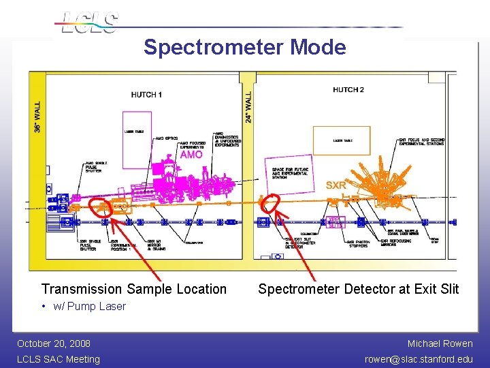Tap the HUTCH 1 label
146,95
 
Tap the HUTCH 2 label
348,89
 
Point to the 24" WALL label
248,106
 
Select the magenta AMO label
191,155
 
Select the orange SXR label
336,185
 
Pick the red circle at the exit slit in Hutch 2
272,202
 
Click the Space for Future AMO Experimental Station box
289,173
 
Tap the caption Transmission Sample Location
134,289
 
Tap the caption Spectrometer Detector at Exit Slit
358,289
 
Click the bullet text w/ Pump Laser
88,306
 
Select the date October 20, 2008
54,343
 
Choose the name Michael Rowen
440,343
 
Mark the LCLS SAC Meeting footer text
59,359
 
